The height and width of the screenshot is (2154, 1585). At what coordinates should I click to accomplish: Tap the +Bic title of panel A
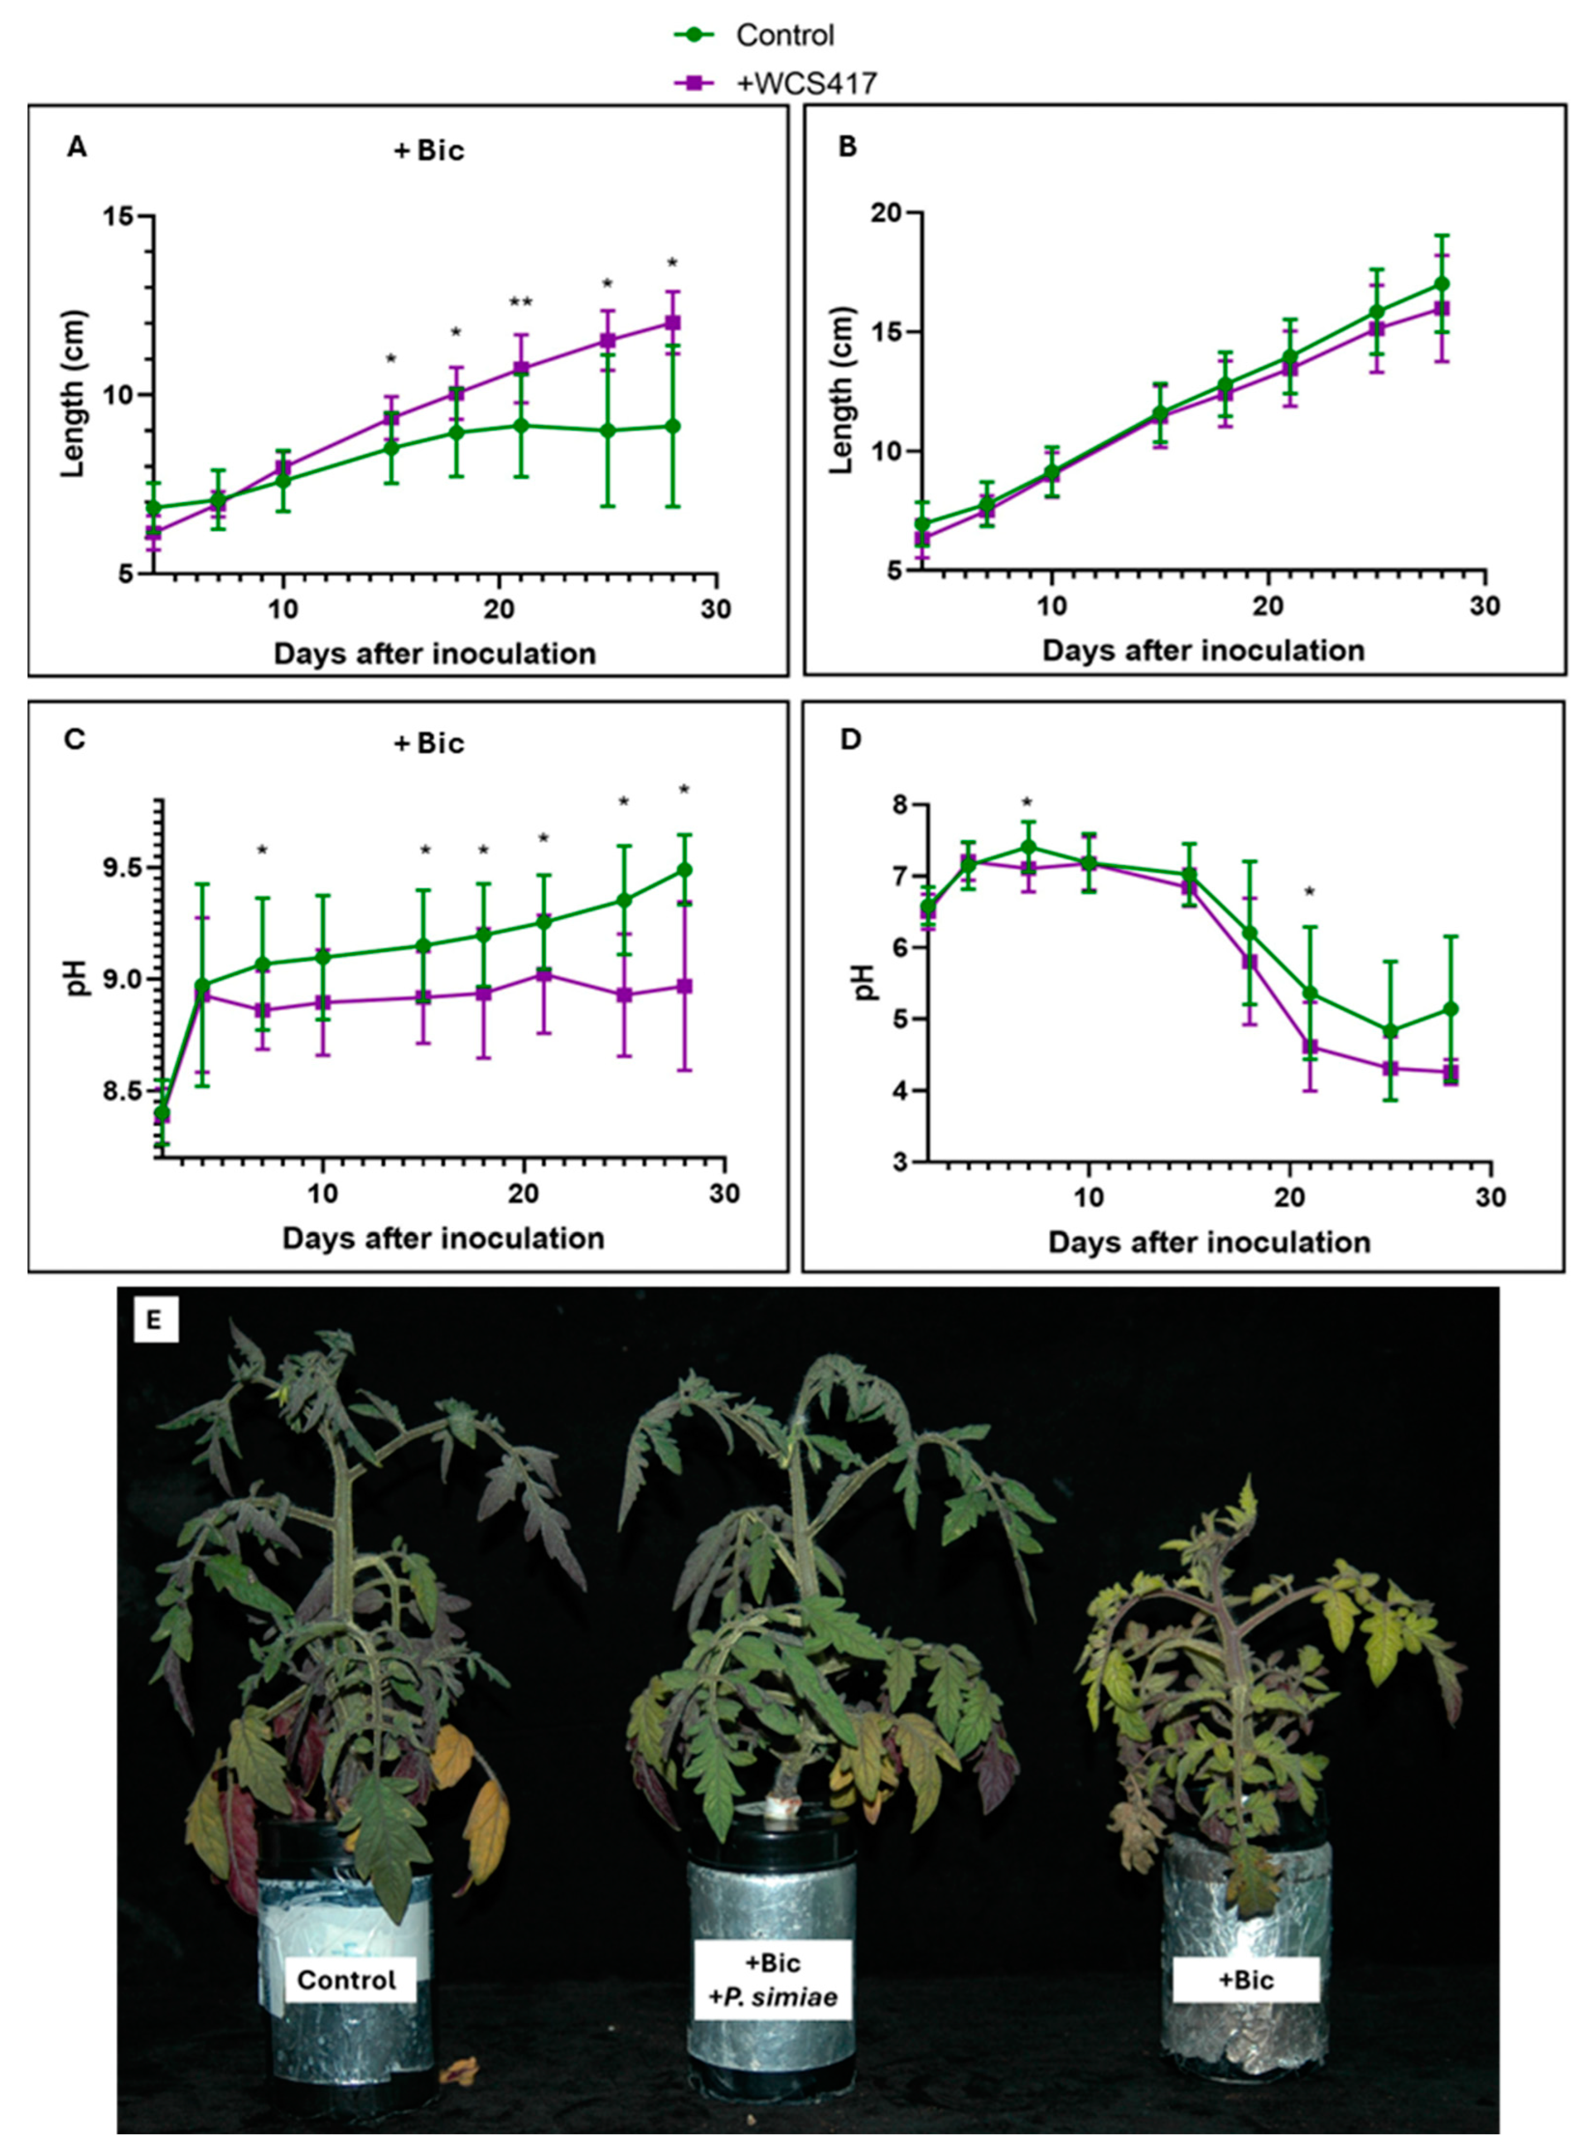[429, 151]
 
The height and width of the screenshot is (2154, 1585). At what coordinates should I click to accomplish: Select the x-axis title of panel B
[1203, 651]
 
